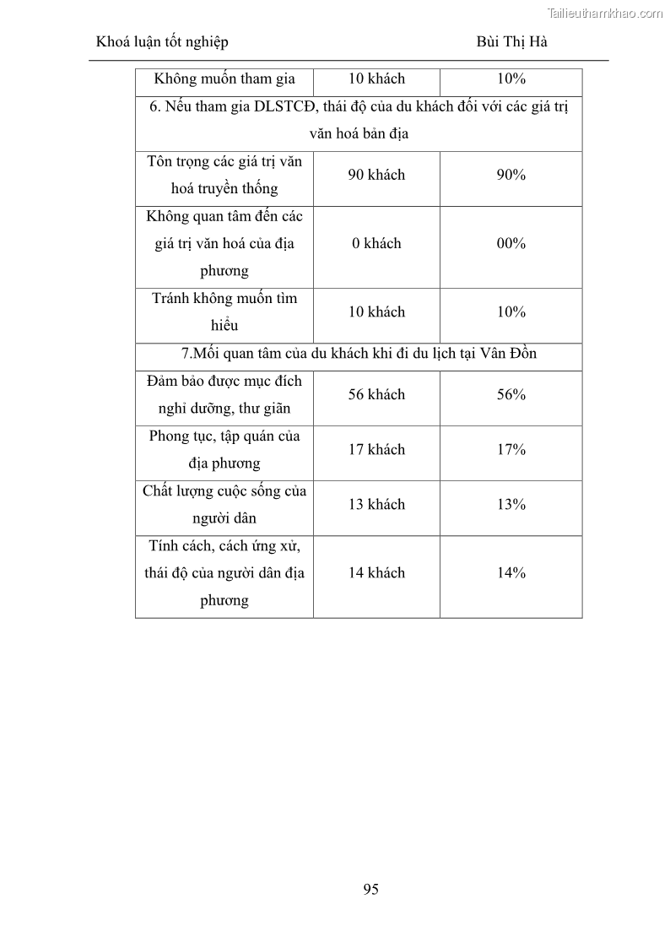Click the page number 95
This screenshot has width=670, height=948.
click(370, 889)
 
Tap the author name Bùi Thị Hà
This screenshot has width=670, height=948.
click(511, 41)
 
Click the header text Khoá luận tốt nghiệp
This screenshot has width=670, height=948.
click(162, 41)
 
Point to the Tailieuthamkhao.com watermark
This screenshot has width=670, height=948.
click(605, 13)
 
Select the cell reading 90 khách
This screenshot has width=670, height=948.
click(376, 175)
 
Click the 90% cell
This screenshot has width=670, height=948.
click(511, 175)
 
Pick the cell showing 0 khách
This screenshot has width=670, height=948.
click(376, 243)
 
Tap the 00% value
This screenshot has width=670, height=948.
click(511, 243)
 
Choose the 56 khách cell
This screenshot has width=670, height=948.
click(376, 394)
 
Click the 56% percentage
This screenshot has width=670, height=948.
click(511, 394)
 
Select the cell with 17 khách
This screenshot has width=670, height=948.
click(376, 449)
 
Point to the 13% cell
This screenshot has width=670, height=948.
click(511, 504)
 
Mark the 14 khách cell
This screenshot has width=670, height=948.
click(376, 572)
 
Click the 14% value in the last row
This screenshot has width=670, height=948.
click(511, 572)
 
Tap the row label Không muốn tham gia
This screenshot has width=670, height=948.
click(224, 79)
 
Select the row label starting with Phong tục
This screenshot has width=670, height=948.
click(224, 449)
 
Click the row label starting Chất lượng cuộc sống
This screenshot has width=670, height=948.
click(224, 504)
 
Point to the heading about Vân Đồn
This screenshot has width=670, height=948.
click(359, 354)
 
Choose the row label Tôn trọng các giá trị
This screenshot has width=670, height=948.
click(224, 175)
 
